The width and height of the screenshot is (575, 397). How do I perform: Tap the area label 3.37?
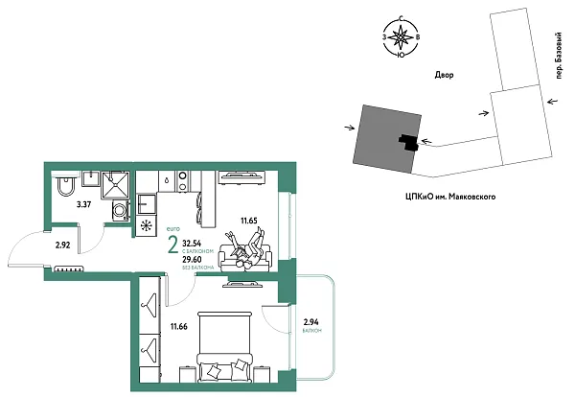tap(85, 203)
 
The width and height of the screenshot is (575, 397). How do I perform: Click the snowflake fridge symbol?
tap(146, 226)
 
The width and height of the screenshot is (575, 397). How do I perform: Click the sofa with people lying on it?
tap(245, 254)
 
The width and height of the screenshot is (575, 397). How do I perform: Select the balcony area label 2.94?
tap(311, 323)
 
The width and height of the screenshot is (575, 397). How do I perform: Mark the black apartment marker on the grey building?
tap(409, 142)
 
